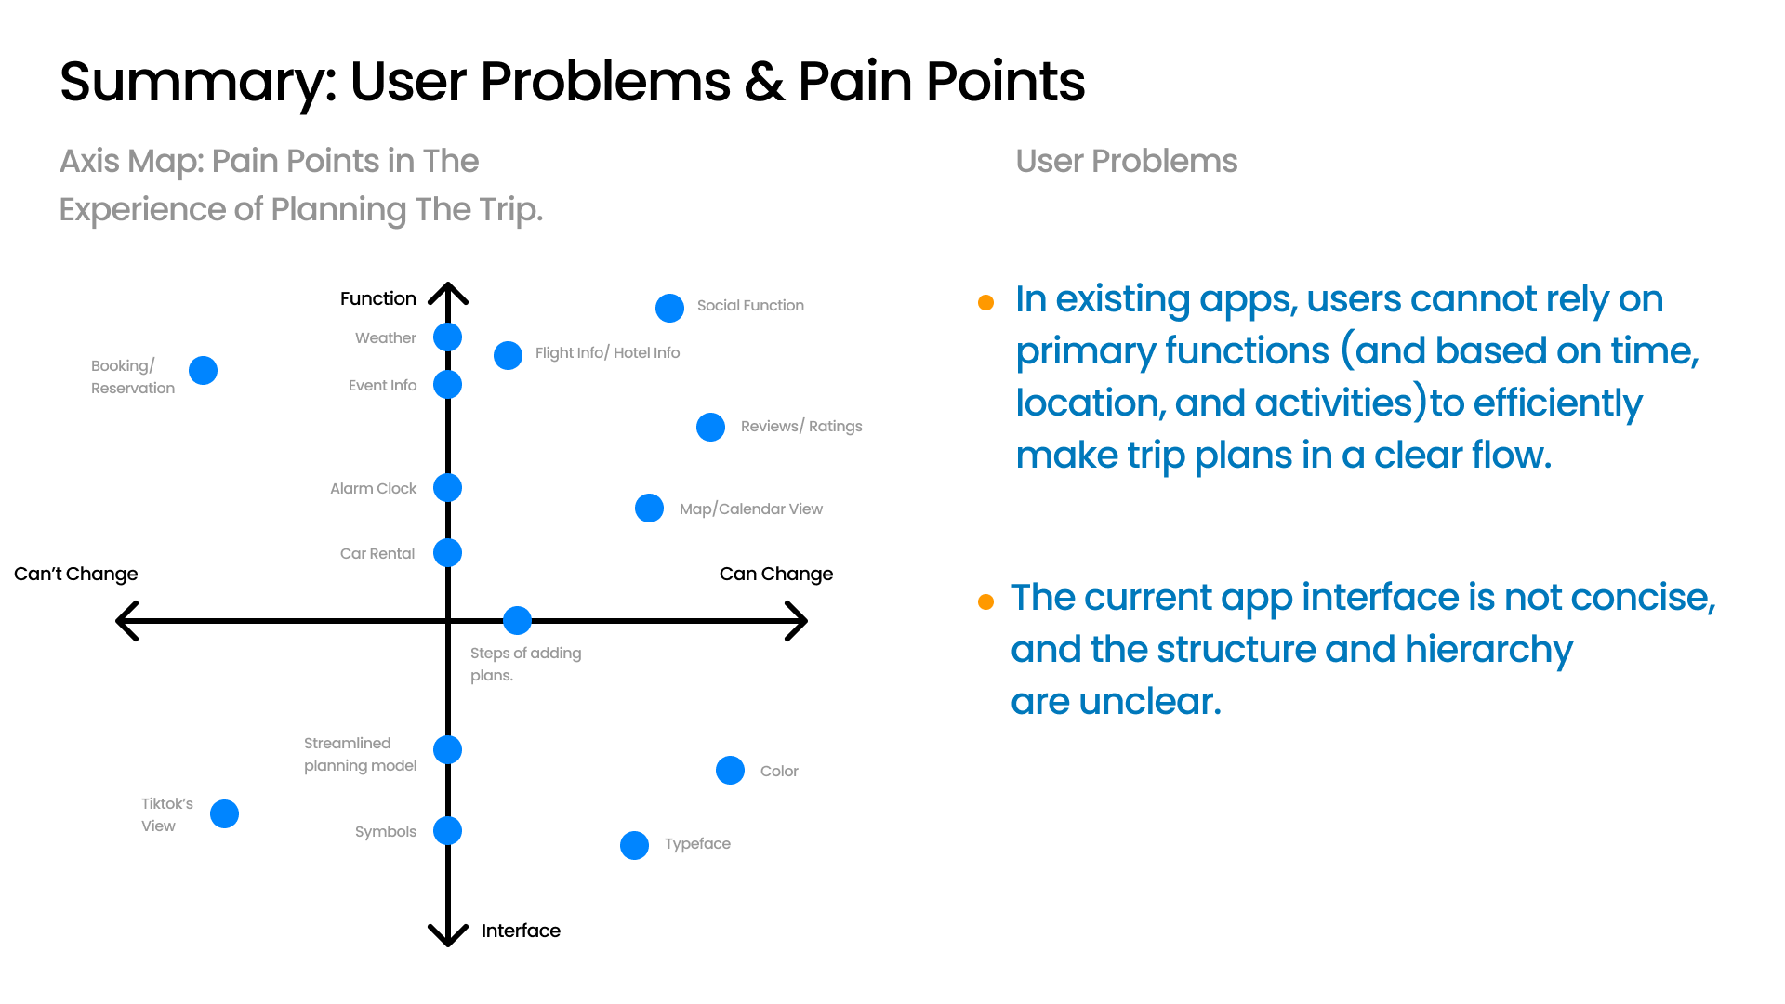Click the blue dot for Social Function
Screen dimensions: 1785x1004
point(669,308)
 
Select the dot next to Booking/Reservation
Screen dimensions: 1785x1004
point(203,370)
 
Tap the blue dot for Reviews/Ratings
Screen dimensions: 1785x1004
point(710,427)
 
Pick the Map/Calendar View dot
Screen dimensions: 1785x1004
point(649,508)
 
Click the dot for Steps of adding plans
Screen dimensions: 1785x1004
point(517,620)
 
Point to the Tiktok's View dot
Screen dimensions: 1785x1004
point(224,813)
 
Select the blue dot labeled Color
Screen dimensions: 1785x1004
point(730,770)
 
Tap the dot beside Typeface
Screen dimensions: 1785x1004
point(634,845)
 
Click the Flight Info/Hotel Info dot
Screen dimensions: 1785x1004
point(508,355)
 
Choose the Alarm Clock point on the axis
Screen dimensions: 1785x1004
point(447,487)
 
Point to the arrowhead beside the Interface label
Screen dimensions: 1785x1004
point(447,934)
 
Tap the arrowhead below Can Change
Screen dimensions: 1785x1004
point(798,620)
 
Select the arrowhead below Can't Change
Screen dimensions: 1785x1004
point(126,620)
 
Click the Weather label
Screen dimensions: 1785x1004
point(385,337)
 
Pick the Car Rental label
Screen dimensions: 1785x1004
point(377,553)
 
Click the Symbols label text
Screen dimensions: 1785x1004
point(385,831)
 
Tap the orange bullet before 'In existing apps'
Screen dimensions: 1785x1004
point(986,303)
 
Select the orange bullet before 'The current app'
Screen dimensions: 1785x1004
point(986,602)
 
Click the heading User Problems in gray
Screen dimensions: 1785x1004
point(1126,161)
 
